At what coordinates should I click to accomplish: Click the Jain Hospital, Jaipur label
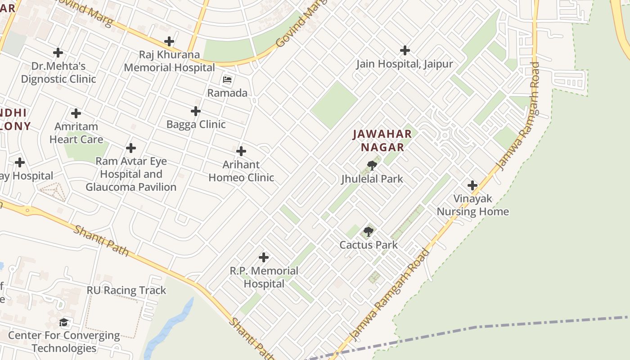[x=405, y=64]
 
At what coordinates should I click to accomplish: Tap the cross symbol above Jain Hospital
[x=405, y=50]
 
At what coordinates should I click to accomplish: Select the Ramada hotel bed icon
[x=227, y=80]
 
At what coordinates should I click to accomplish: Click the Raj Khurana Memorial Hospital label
[x=169, y=61]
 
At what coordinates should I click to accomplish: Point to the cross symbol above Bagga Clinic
[x=196, y=111]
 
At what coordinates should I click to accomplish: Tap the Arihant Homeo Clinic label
[x=241, y=171]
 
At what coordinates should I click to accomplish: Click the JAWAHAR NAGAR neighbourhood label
[x=382, y=140]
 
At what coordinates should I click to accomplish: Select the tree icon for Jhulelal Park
[x=372, y=166]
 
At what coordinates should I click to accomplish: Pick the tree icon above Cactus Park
[x=369, y=232]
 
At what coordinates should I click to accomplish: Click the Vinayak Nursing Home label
[x=472, y=205]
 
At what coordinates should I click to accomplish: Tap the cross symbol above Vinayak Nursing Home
[x=472, y=185]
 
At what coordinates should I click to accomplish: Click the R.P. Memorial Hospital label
[x=264, y=277]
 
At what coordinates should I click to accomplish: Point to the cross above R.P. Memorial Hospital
[x=264, y=257]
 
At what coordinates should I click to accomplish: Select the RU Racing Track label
[x=126, y=290]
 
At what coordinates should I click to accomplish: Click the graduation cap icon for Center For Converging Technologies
[x=64, y=323]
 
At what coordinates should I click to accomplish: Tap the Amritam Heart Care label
[x=76, y=133]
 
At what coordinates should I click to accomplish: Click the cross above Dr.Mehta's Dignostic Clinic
[x=58, y=53]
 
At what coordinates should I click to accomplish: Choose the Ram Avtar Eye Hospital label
[x=131, y=174]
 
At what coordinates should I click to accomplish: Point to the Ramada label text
[x=227, y=93]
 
